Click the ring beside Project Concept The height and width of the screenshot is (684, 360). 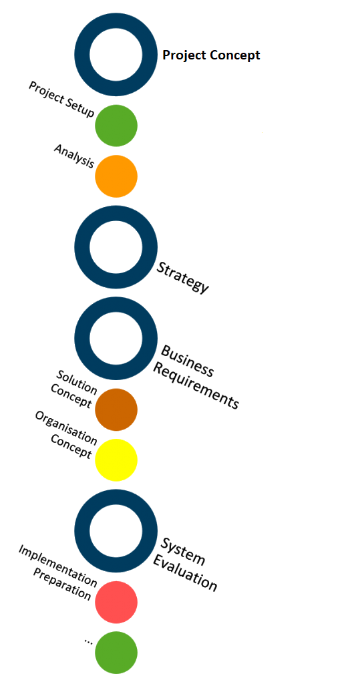pyautogui.click(x=82, y=55)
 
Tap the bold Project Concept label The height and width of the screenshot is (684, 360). pyautogui.click(x=211, y=55)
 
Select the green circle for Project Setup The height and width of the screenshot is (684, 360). pyautogui.click(x=116, y=126)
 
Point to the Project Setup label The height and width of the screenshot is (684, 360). pyautogui.click(x=61, y=99)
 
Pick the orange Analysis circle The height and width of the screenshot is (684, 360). pyautogui.click(x=116, y=176)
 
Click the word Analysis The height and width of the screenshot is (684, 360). pyautogui.click(x=74, y=156)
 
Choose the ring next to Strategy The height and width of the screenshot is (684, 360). pyautogui.click(x=82, y=247)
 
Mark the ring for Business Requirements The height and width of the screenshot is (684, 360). pyautogui.click(x=82, y=339)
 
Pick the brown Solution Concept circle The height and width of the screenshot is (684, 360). pyautogui.click(x=116, y=409)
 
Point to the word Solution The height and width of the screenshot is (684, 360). pyautogui.click(x=77, y=380)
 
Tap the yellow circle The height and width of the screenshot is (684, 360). pyautogui.click(x=116, y=460)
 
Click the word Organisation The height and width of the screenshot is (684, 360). pyautogui.click(x=66, y=428)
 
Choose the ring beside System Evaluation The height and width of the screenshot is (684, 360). pyautogui.click(x=82, y=531)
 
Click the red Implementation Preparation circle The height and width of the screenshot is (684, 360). pyautogui.click(x=116, y=602)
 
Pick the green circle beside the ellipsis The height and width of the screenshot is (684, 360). pyautogui.click(x=116, y=652)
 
